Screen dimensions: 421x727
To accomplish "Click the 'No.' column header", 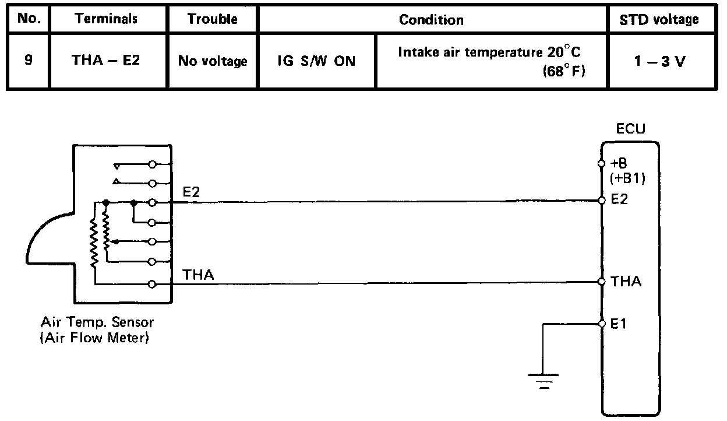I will click(x=28, y=18).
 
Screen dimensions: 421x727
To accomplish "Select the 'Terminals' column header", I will click(x=106, y=19).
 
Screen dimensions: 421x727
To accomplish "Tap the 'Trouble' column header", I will click(x=213, y=19).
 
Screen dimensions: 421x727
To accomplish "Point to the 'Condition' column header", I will click(x=431, y=19).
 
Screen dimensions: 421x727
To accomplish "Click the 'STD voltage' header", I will click(x=660, y=19).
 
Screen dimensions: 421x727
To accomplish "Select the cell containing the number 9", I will click(x=29, y=59).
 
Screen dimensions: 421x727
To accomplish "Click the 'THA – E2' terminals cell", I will click(x=106, y=60).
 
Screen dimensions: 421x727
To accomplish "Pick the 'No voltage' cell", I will click(x=213, y=61).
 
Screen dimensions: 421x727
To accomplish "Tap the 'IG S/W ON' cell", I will click(x=317, y=61).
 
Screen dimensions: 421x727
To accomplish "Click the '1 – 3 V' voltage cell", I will click(x=660, y=61).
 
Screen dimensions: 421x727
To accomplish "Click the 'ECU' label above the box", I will click(x=631, y=129).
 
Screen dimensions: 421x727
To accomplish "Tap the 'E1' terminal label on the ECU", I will click(x=618, y=324).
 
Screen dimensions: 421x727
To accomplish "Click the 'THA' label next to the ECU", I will click(x=626, y=282).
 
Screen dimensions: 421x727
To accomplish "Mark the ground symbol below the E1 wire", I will click(x=543, y=380).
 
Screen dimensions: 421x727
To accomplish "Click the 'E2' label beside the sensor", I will click(x=191, y=192).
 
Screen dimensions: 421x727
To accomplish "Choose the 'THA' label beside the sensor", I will click(x=198, y=274).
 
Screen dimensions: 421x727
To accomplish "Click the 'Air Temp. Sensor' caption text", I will click(x=97, y=322).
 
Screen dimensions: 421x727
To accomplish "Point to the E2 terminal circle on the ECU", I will click(x=602, y=201).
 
